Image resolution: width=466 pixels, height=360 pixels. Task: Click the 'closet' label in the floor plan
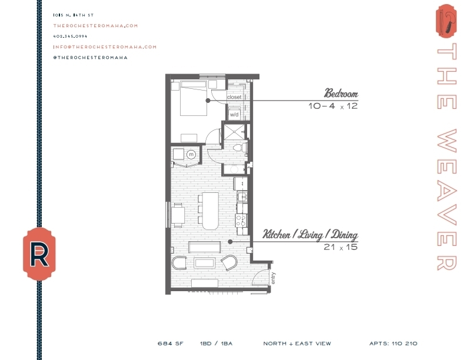(234, 96)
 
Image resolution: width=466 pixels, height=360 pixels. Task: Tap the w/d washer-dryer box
(234, 114)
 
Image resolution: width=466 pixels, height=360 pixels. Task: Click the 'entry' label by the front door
(274, 278)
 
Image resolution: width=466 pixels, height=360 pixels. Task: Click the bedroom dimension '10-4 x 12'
(333, 106)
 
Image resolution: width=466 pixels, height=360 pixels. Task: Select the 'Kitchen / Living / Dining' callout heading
(310, 235)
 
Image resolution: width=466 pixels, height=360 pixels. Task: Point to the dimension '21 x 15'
(341, 248)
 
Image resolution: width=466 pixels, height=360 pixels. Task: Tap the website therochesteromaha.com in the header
(95, 25)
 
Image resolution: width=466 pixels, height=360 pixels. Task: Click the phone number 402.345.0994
(69, 36)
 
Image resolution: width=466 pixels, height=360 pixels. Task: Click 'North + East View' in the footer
(297, 344)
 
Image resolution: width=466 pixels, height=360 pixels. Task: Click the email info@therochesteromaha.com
(104, 46)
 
